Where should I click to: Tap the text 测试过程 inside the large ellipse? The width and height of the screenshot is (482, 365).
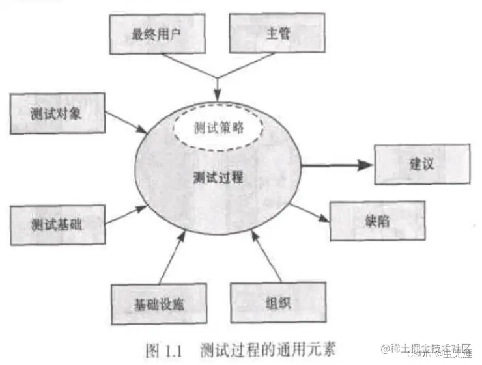point(218,177)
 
